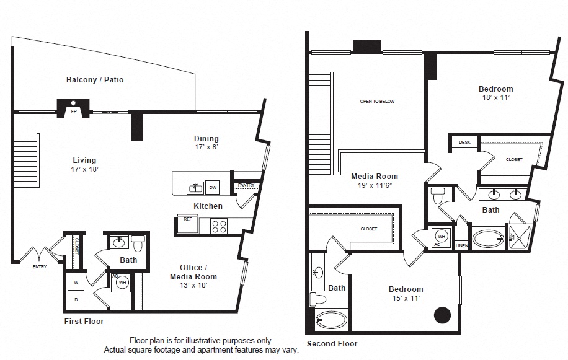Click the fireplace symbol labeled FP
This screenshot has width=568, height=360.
click(x=73, y=108)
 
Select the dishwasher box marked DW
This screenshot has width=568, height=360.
click(x=212, y=187)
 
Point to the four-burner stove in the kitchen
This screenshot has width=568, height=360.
click(x=220, y=226)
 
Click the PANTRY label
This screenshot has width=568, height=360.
click(x=244, y=185)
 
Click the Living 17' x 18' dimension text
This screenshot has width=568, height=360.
click(x=85, y=169)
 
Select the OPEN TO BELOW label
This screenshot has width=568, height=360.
click(x=377, y=101)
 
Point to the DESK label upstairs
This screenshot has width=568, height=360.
click(x=464, y=143)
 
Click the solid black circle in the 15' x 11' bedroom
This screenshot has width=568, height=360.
click(x=442, y=315)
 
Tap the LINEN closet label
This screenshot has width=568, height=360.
click(x=462, y=246)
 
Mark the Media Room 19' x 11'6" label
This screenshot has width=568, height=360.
click(x=375, y=180)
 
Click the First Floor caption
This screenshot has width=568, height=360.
click(x=84, y=322)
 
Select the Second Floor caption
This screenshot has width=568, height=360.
click(x=332, y=343)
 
